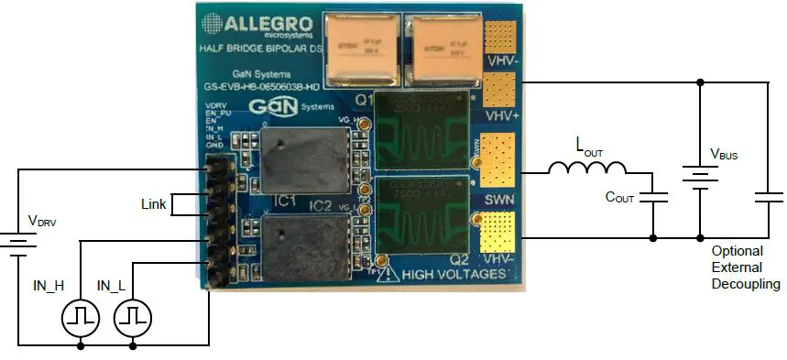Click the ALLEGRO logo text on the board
267,22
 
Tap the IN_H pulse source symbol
79,317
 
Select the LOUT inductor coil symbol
587,169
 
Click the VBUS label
724,155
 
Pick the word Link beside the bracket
154,204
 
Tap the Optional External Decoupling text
744,267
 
